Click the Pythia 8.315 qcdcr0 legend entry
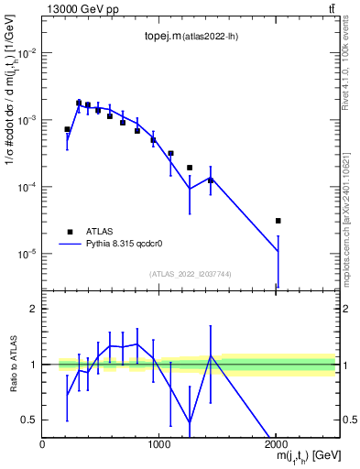[x=125, y=245]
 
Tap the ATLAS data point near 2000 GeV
[x=278, y=221]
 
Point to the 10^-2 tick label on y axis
[x=27, y=53]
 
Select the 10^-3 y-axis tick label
[x=27, y=120]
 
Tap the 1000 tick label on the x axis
[x=159, y=445]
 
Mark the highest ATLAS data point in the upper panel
[x=79, y=103]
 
